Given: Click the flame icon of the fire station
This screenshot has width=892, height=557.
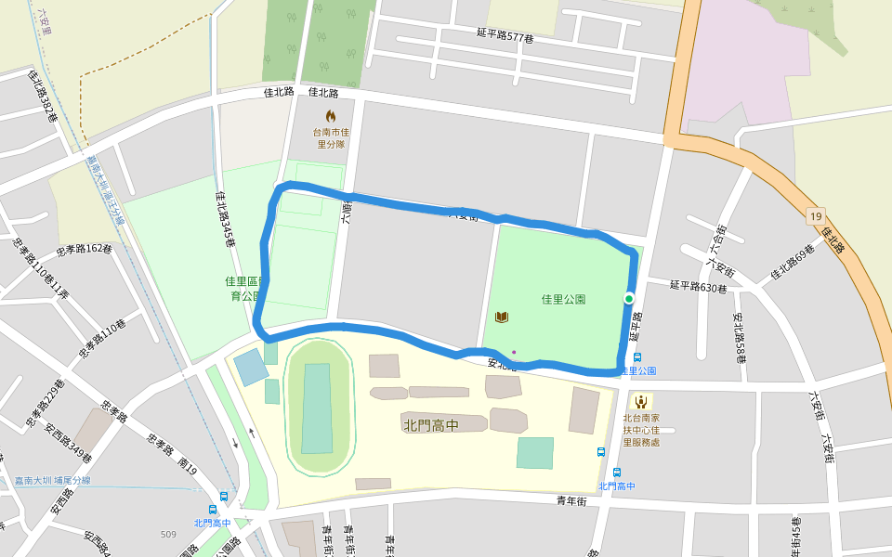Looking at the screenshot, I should [x=330, y=116].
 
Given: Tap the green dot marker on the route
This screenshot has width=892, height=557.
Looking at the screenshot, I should [x=629, y=298].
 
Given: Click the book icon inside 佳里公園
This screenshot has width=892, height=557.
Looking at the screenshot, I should [x=502, y=317].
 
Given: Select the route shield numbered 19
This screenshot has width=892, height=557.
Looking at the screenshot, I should [x=815, y=215].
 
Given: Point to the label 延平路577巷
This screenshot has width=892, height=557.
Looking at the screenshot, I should [x=505, y=36].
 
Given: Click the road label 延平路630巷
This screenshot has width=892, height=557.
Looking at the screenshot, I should [x=698, y=287].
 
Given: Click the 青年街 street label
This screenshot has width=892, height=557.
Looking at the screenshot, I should [x=571, y=501].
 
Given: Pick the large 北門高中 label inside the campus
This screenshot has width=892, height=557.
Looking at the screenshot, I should [x=431, y=425].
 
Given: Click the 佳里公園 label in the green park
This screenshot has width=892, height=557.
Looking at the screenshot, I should [x=563, y=299].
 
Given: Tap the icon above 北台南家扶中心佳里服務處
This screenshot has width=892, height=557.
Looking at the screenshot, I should [x=640, y=401].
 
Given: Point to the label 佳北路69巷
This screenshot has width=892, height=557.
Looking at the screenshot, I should [x=793, y=263].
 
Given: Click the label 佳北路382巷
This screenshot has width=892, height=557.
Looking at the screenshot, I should [x=43, y=97].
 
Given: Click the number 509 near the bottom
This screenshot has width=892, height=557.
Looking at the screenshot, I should [x=168, y=534].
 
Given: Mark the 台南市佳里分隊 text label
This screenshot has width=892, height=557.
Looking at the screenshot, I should [x=330, y=138].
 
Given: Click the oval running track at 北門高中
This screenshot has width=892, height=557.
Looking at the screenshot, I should [x=317, y=408].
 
